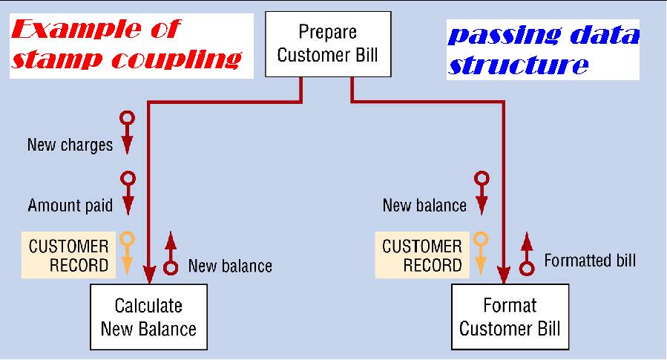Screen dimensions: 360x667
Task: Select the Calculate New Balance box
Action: [148, 317]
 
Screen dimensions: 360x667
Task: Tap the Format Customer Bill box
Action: [510, 317]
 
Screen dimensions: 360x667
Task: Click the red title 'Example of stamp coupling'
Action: [126, 45]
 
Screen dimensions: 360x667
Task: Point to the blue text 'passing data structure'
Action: [543, 49]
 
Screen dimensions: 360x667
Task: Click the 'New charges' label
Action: [70, 145]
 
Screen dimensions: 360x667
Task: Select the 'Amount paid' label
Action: [70, 206]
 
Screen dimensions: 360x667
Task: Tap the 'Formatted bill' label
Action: [590, 261]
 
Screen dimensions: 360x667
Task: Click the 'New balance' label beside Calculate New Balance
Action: [230, 266]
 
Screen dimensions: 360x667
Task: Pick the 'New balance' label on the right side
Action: [424, 206]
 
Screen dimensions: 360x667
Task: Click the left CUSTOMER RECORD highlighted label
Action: [68, 255]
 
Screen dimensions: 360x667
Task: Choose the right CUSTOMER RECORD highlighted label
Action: [422, 255]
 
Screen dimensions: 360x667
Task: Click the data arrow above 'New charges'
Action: [127, 132]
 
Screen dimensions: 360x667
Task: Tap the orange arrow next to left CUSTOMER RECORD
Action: [127, 253]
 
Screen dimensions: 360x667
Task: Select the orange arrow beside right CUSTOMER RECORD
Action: [482, 253]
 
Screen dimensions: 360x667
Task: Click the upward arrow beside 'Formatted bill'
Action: [527, 253]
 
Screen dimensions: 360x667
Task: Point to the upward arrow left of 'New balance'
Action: [171, 253]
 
